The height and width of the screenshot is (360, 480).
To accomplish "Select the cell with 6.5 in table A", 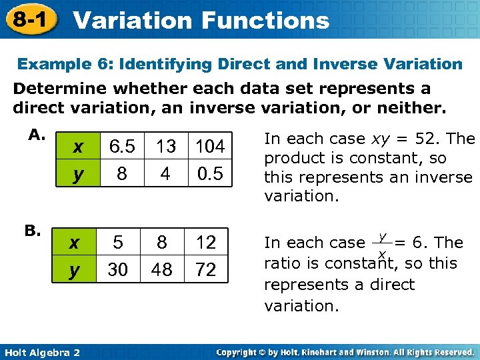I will pos(122,146).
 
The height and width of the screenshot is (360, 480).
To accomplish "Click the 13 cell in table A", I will pos(165,146).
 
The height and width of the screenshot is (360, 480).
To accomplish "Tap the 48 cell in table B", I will pos(162,269).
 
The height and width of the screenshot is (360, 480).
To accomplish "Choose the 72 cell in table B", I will pos(206,269).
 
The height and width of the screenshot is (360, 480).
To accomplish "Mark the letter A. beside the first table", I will pos(36,135).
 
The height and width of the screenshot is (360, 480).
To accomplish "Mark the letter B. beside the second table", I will pos(33,231).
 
